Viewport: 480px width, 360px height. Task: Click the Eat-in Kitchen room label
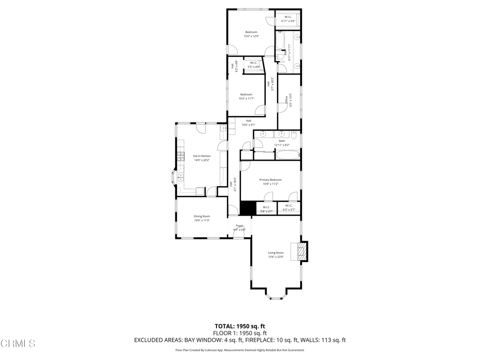coord(202,156)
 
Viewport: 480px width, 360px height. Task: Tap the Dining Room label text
coord(202,216)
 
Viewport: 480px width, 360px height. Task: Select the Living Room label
coord(276,253)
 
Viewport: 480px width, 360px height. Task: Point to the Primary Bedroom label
coord(270,180)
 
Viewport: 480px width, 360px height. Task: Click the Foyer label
coord(240,226)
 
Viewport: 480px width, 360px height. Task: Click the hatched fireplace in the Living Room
coord(299,252)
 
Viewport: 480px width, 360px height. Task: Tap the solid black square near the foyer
coord(248,208)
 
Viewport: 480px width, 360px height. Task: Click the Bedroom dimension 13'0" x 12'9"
coord(251,36)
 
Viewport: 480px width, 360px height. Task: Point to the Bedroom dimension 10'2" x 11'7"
coord(246,98)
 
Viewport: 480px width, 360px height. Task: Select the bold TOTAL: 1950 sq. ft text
coord(240,326)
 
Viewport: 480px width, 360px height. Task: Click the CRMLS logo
coord(18,344)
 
